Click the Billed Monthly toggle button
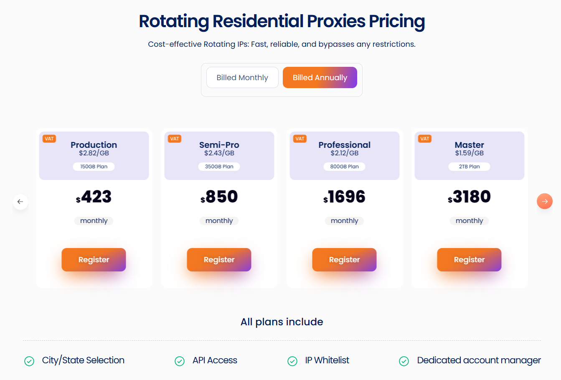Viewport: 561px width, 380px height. point(242,78)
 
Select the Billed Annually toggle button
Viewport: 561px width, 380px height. point(320,78)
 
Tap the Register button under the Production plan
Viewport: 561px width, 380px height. point(94,260)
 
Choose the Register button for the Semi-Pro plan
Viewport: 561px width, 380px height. point(219,260)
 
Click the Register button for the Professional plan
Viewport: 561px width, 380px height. point(344,260)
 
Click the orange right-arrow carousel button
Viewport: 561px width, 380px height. point(544,201)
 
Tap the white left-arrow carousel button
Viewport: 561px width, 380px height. point(20,202)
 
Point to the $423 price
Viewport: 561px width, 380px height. point(94,197)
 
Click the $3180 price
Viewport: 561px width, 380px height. point(469,197)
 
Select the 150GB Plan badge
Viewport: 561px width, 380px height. point(94,167)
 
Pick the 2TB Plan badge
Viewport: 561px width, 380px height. point(469,167)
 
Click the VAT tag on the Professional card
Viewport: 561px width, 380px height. point(300,139)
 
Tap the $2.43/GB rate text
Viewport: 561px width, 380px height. point(219,153)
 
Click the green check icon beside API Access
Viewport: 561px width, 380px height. point(180,361)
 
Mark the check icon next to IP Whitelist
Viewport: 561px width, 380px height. point(292,361)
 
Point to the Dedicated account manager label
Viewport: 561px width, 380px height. point(479,360)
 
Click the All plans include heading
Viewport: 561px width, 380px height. point(282,322)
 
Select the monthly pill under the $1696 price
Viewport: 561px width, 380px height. point(344,221)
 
